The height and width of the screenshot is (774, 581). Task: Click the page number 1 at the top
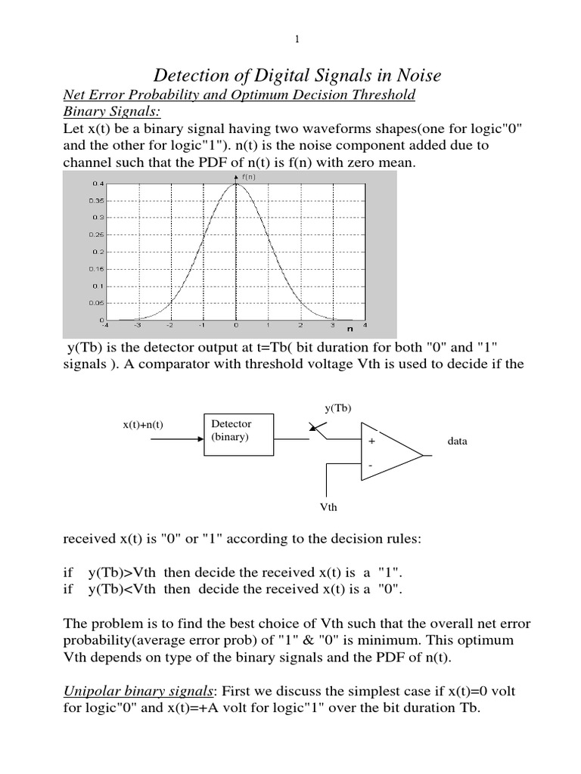point(291,37)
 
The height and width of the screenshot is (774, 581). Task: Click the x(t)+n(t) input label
point(144,426)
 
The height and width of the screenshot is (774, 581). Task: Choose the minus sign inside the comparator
point(371,466)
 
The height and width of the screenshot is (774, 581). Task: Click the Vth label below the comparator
point(328,508)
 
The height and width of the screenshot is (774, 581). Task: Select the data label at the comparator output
point(457,441)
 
